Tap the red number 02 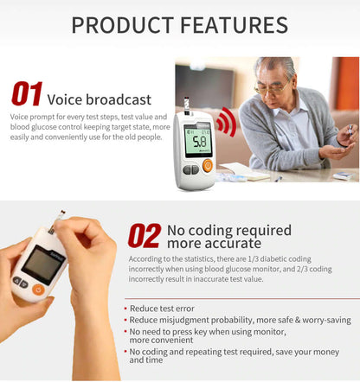[x=144, y=235]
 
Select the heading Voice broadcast [x=99, y=99]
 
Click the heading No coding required [x=228, y=230]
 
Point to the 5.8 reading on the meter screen [x=199, y=141]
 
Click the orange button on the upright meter [x=209, y=165]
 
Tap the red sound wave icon [x=226, y=123]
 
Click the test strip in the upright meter [x=186, y=105]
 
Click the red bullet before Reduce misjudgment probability [x=125, y=320]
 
